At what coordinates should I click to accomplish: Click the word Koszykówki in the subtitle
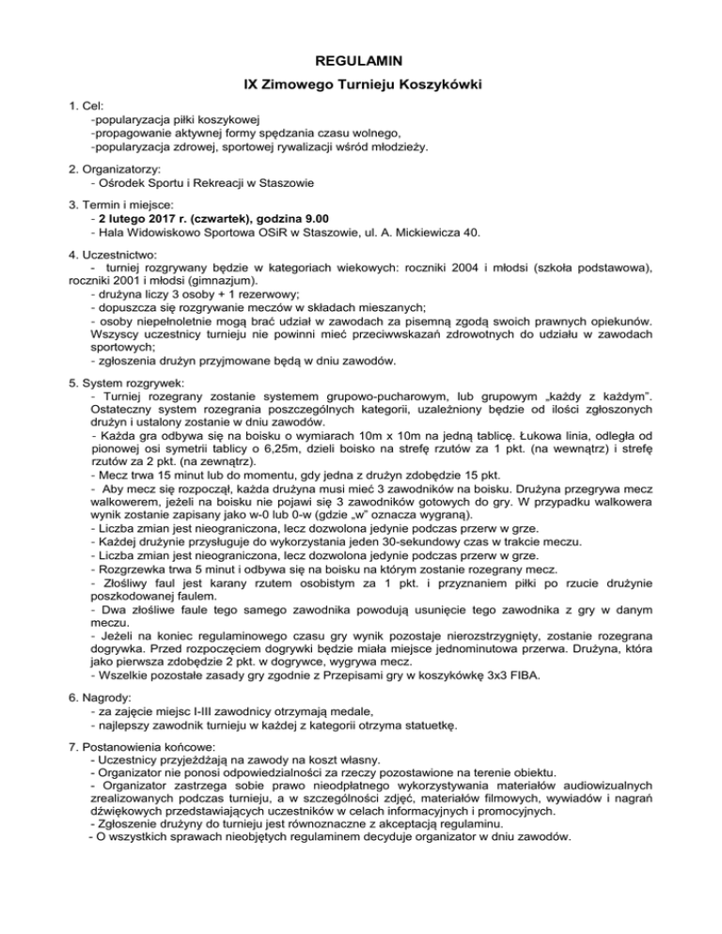(434, 87)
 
